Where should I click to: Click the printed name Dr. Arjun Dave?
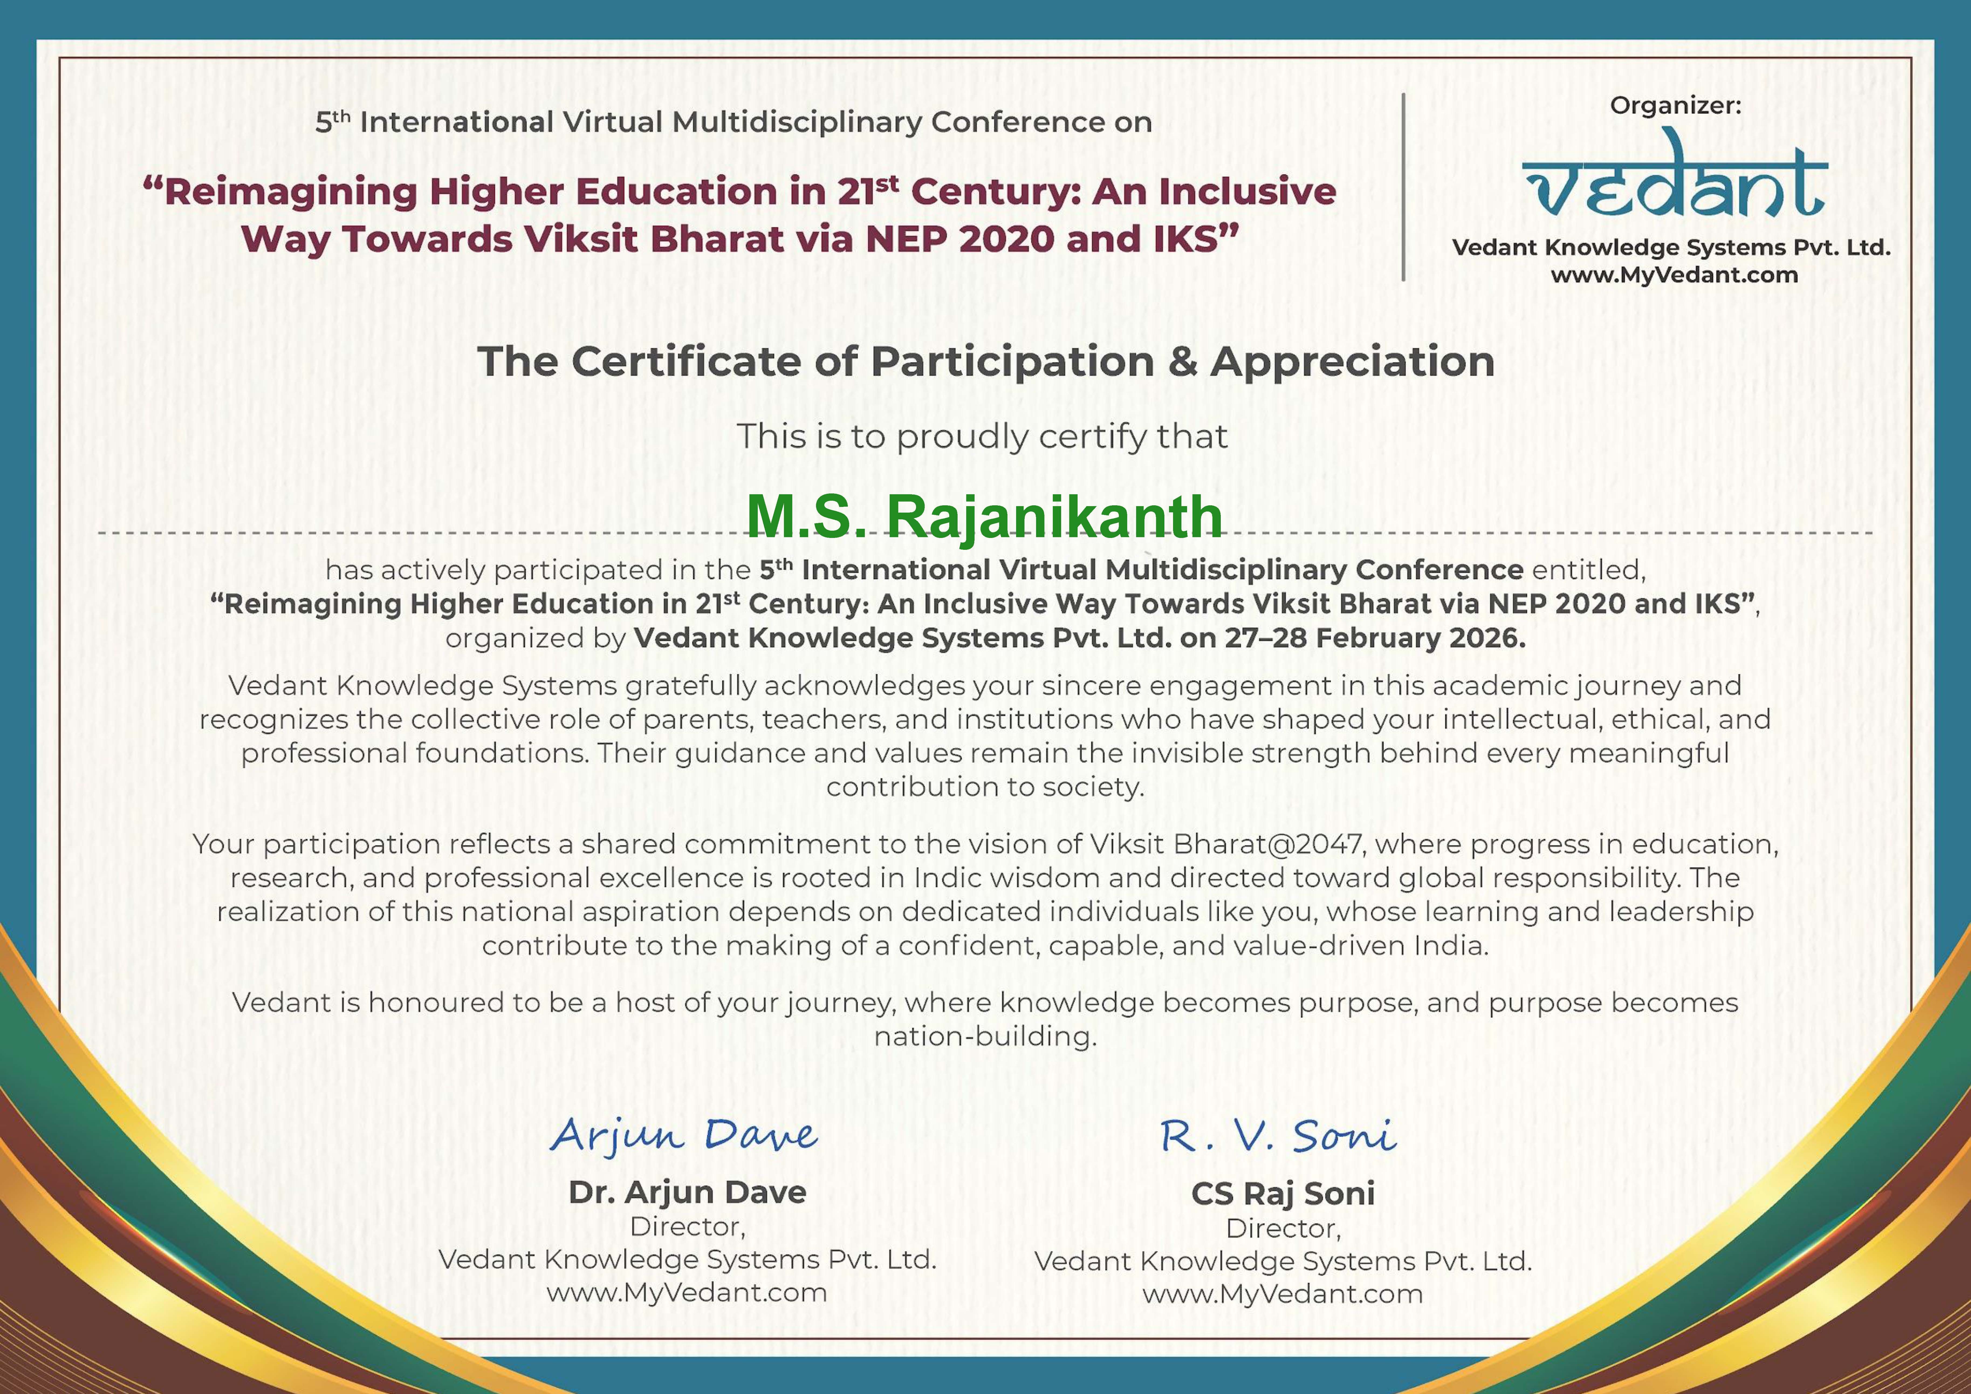pyautogui.click(x=688, y=1192)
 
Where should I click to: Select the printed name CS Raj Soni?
pyautogui.click(x=1283, y=1194)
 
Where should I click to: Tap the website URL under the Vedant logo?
pyautogui.click(x=1674, y=275)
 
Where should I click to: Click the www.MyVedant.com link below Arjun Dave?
pyautogui.click(x=687, y=1293)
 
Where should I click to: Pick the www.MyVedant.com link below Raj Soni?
pyautogui.click(x=1283, y=1294)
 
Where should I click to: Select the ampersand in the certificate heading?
pyautogui.click(x=1182, y=362)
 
